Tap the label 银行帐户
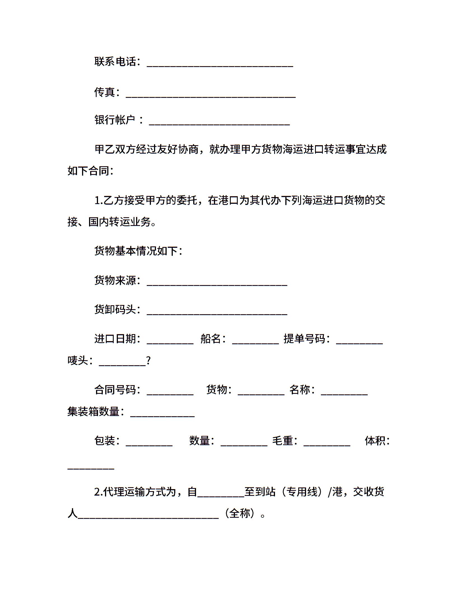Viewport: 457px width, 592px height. (115, 120)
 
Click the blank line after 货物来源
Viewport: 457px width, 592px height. (217, 284)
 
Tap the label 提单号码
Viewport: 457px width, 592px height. (304, 339)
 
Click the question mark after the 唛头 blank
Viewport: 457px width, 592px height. (148, 360)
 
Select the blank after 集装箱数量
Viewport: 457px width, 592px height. (162, 415)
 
